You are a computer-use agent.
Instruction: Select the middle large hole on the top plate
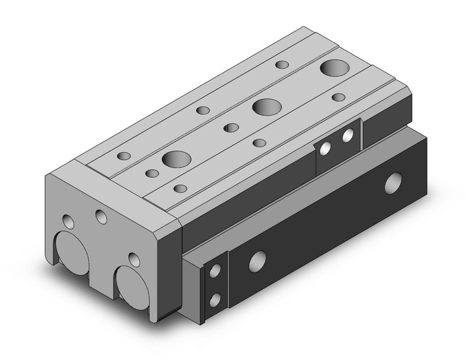[266, 107]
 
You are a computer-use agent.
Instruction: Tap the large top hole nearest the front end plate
[177, 158]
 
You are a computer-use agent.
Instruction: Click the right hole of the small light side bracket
[348, 135]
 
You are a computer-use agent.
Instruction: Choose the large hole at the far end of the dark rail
[393, 183]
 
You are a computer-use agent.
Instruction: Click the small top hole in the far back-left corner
[282, 64]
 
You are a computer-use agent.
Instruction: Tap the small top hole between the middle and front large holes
[231, 128]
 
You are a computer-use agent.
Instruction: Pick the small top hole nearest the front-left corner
[124, 156]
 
